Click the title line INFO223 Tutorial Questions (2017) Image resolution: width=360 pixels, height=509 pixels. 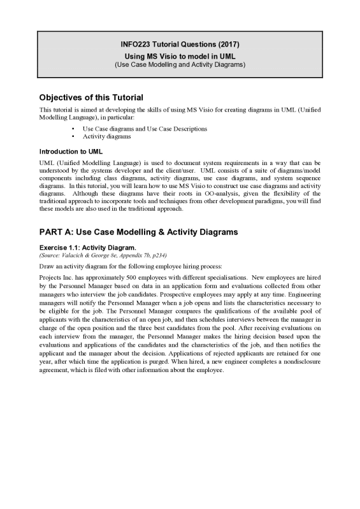180,45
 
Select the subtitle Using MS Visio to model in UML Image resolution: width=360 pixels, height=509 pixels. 180,57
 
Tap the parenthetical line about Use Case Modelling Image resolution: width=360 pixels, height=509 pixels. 180,65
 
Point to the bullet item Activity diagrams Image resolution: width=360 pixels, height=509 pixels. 107,136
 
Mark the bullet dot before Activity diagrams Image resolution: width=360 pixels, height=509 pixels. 74,136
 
